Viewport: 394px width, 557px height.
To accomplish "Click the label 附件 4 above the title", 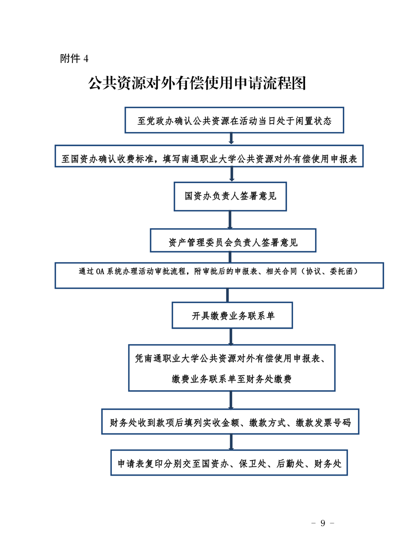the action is (74, 58).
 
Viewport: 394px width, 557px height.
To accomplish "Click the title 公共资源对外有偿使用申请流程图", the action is (197, 83).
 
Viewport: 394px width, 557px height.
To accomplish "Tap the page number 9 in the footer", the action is (323, 523).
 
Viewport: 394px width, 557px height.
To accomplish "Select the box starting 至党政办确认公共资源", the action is (235, 120).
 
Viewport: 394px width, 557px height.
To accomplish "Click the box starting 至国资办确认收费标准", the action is (209, 156).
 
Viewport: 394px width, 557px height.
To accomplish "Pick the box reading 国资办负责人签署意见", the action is (230, 197).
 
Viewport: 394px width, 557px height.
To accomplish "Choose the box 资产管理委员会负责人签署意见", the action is (233, 240).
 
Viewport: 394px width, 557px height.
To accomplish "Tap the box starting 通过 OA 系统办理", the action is (219, 276).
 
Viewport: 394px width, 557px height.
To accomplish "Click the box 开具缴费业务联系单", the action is (232, 315).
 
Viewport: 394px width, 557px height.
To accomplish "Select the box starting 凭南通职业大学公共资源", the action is (232, 368).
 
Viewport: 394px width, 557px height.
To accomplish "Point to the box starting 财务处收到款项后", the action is (230, 421).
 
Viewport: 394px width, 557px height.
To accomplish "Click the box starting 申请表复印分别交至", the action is (229, 463).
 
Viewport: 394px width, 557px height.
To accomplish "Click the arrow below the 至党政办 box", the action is (232, 139).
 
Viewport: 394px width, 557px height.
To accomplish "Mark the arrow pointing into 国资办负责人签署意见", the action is (232, 174).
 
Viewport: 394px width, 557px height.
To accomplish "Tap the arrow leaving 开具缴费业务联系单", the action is (231, 337).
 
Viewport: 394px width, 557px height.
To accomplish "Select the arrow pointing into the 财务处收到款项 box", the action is (231, 400).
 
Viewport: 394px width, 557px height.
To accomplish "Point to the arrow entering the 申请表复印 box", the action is (231, 442).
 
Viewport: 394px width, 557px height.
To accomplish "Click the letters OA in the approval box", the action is (100, 272).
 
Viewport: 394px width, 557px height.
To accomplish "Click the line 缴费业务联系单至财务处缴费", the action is (232, 379).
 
